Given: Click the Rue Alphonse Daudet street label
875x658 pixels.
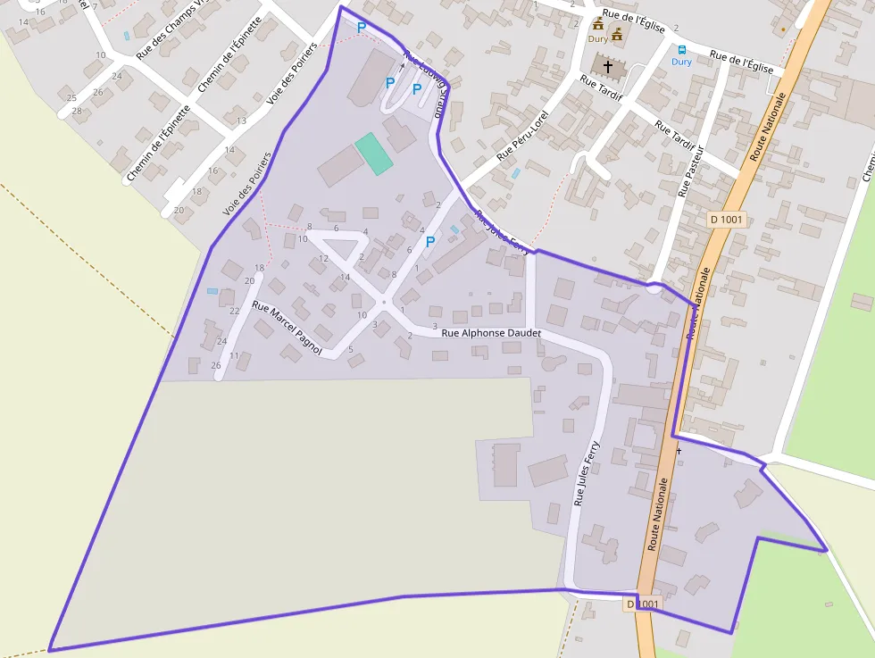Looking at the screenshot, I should pyautogui.click(x=491, y=333).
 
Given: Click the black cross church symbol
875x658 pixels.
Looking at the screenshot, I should pyautogui.click(x=609, y=65).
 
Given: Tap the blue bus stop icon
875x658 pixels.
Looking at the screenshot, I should pyautogui.click(x=682, y=50).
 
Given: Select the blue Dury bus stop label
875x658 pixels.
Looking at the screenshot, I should pyautogui.click(x=682, y=62).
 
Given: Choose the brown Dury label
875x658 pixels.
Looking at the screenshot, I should pyautogui.click(x=597, y=39).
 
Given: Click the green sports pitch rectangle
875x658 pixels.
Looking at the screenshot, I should pyautogui.click(x=373, y=153).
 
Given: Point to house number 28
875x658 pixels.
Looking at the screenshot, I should pyautogui.click(x=77, y=111).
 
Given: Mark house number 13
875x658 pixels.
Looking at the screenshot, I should pyautogui.click(x=241, y=121).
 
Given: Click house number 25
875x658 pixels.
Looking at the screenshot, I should pyautogui.click(x=71, y=97).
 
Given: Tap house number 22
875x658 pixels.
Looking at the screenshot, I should pyautogui.click(x=235, y=311).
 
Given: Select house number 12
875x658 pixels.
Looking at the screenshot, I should pyautogui.click(x=323, y=258).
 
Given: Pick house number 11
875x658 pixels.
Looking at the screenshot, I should pyautogui.click(x=234, y=355).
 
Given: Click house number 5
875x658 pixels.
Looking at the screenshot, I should pyautogui.click(x=351, y=349).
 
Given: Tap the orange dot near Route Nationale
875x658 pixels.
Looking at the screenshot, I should pyautogui.click(x=783, y=29).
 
